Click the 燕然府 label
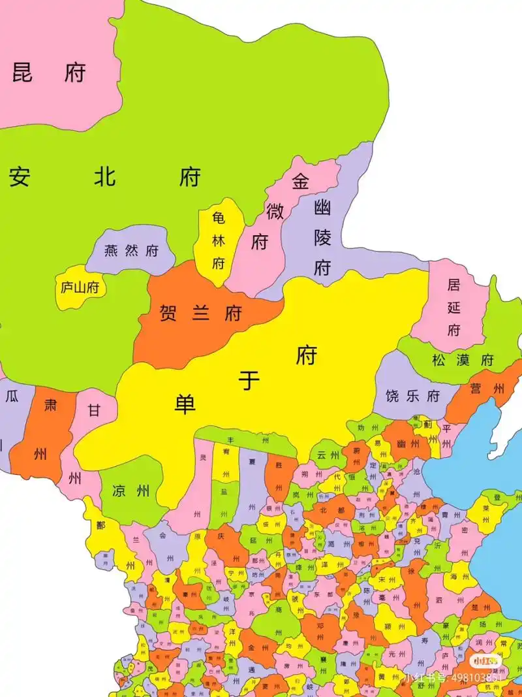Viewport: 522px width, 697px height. pos(132,251)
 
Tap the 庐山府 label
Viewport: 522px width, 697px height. pos(83,287)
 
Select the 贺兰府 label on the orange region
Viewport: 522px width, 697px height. pos(201,313)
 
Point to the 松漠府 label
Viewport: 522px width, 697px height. pos(463,360)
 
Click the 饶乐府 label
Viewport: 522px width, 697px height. pos(413,396)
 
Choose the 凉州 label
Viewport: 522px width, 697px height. pos(131,491)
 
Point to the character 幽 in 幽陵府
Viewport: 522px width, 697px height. pos(322,208)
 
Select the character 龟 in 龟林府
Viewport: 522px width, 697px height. pos(218,218)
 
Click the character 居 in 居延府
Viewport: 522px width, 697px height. pos(453,284)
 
